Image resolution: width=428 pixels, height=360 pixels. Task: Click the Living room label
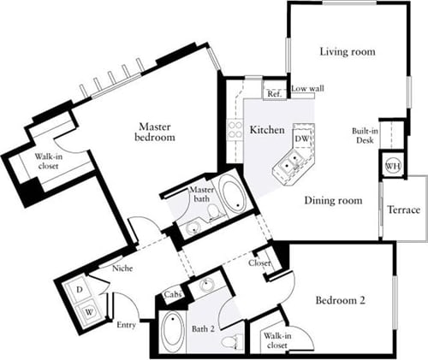348,52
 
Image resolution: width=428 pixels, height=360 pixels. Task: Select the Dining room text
333,201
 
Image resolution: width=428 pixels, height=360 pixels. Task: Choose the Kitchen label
267,130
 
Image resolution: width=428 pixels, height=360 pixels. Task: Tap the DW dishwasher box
301,137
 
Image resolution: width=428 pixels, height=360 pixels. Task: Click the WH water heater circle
392,165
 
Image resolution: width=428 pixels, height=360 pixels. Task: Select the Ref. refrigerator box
274,93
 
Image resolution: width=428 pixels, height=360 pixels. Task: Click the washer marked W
88,310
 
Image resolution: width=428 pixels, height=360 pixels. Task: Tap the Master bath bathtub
231,196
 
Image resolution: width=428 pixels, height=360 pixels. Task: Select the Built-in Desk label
363,136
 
